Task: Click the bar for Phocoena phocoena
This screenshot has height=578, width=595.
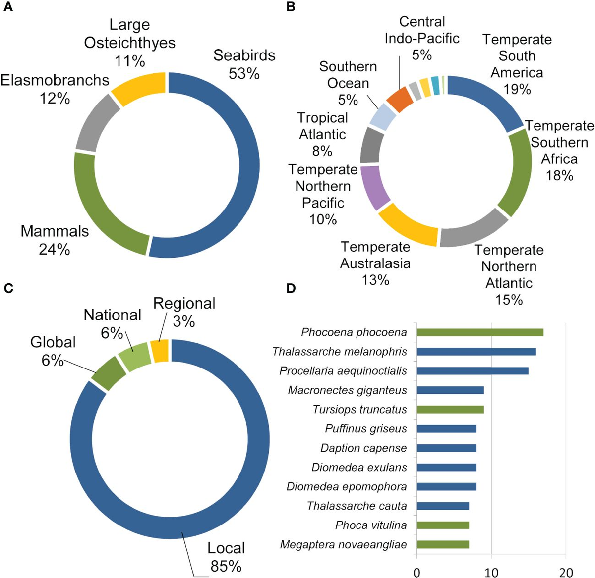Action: tap(479, 332)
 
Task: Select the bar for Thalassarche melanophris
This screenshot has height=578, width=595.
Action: tap(476, 352)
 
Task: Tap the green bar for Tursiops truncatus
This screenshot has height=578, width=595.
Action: tap(450, 410)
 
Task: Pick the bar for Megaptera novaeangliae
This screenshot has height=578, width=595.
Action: tap(442, 545)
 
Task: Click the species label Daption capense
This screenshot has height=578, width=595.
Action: tap(363, 448)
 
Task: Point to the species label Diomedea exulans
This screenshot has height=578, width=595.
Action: tap(359, 468)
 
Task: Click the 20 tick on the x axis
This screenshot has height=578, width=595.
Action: tap(566, 572)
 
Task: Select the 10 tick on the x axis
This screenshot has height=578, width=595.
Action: tap(491, 572)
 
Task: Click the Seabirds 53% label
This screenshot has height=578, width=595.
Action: tap(244, 64)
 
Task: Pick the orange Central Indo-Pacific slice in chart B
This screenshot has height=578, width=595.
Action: tap(399, 100)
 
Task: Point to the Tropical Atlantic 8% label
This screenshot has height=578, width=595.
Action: tap(322, 134)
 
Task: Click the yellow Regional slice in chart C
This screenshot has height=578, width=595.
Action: tap(160, 351)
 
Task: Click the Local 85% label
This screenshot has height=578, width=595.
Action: tap(226, 557)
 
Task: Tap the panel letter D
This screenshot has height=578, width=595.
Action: tap(291, 288)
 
